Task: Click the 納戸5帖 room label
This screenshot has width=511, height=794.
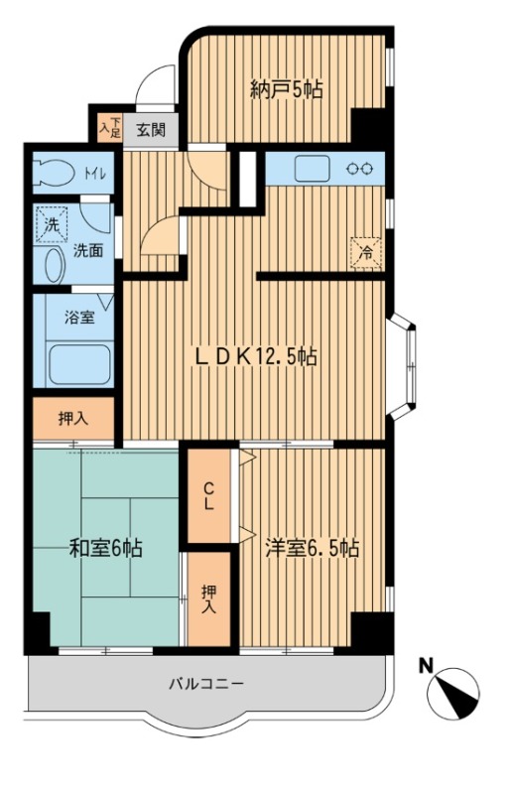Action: [286, 89]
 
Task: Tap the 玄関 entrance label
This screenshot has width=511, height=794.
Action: [151, 130]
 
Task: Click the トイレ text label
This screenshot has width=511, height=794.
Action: [94, 174]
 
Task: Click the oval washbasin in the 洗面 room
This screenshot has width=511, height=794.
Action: [55, 265]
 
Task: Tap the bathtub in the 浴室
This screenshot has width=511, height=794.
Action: [80, 365]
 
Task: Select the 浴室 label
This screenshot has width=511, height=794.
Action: [79, 318]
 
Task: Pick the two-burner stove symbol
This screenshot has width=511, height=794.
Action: [359, 168]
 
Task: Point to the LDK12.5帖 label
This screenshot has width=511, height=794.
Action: [256, 356]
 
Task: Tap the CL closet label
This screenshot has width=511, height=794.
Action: [209, 496]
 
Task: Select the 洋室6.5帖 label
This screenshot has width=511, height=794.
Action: [313, 548]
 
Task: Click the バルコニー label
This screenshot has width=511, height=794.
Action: [206, 684]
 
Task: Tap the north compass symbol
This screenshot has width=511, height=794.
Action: [453, 693]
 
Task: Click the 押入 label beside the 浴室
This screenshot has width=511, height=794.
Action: [74, 419]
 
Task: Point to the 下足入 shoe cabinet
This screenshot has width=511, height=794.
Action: [110, 128]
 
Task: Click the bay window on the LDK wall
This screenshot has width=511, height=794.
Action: [404, 366]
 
